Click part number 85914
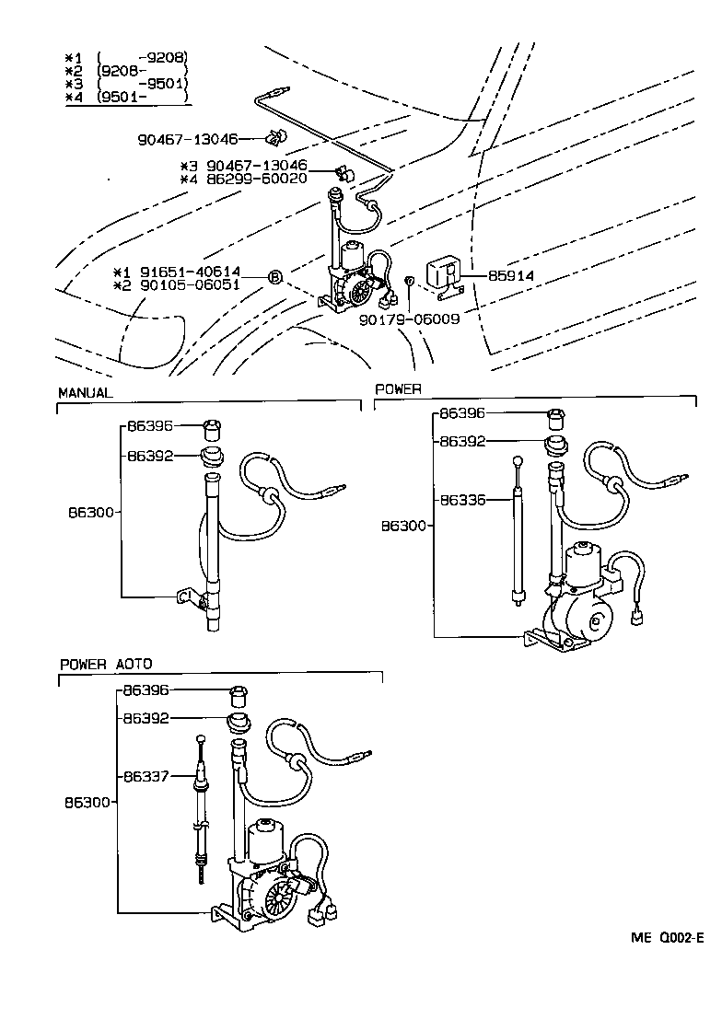pos(511,275)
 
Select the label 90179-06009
pos(411,319)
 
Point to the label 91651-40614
pos(190,272)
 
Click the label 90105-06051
pos(190,285)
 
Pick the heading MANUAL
pos(85,392)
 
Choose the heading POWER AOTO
pos(106,664)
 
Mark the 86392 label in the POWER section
pos(462,442)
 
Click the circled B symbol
pos(274,277)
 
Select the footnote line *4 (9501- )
pos(127,97)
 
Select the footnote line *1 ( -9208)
pos(127,56)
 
